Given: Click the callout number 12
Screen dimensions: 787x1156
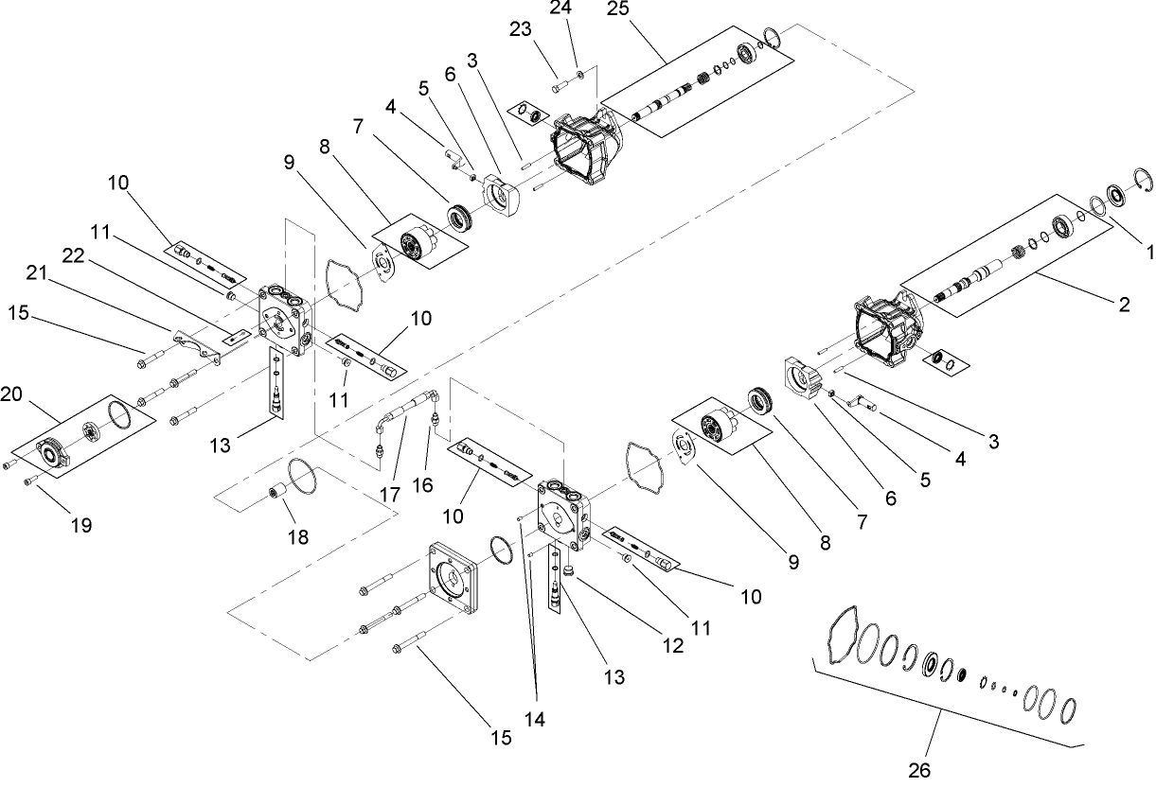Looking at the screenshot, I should (x=672, y=646).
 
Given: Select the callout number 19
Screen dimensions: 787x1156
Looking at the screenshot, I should (x=80, y=525).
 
